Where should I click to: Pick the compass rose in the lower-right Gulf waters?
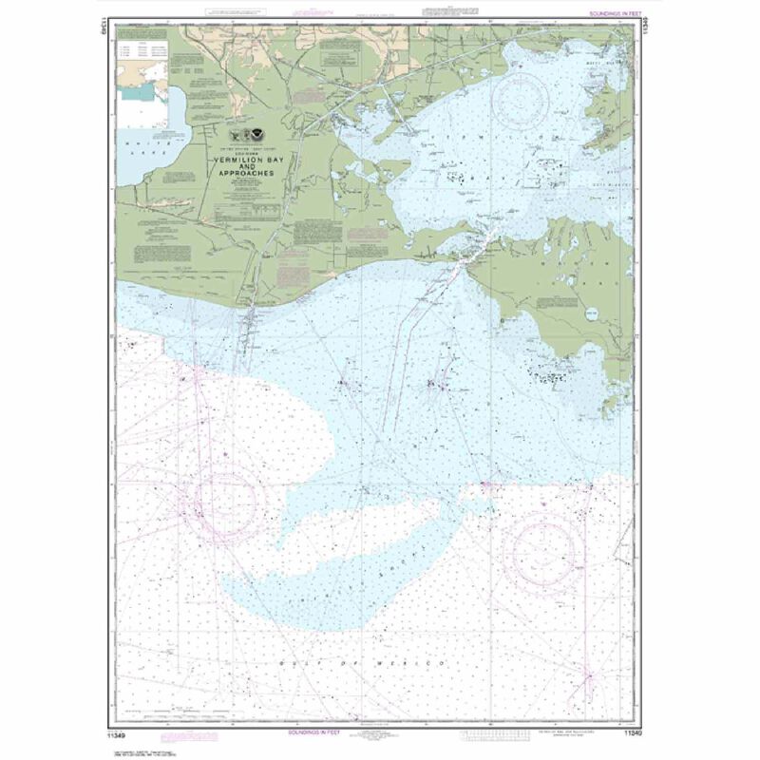click(542, 551)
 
